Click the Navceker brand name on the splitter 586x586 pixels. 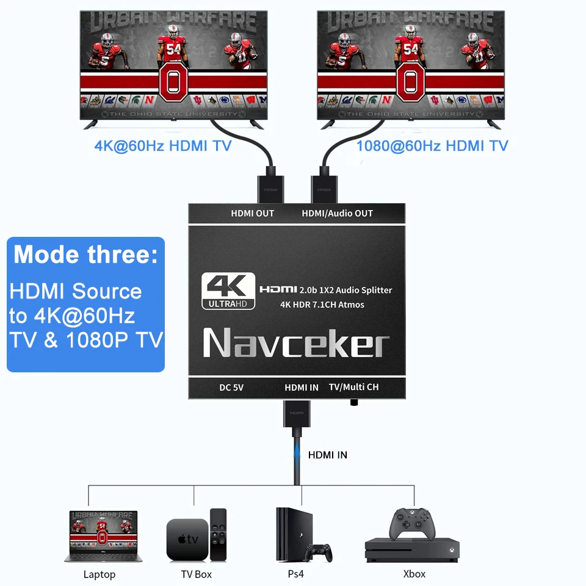tap(296, 344)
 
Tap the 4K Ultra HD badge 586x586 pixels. tap(228, 291)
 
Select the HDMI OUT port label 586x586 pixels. tap(252, 213)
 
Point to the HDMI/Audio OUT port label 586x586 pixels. tap(337, 213)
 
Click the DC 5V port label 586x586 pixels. tap(231, 387)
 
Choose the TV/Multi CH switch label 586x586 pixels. tap(353, 387)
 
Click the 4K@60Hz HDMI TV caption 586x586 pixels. tap(163, 146)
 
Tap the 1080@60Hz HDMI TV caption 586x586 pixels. tap(432, 146)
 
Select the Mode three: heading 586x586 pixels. tap(85, 254)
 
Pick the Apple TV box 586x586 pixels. tap(187, 539)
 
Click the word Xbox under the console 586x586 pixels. tap(414, 574)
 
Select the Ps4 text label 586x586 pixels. tap(295, 574)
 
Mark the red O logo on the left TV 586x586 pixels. tap(173, 83)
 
